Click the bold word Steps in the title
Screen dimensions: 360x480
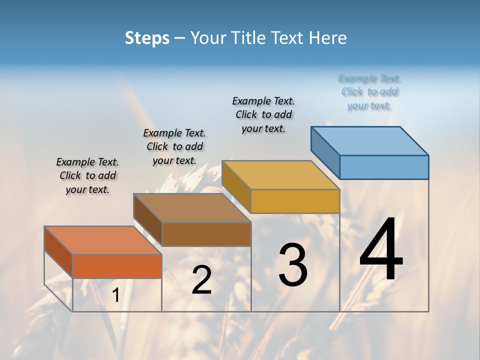pos(147,38)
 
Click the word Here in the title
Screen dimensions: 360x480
pos(328,38)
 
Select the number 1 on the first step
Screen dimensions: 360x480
pos(115,295)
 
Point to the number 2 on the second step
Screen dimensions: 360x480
pos(201,280)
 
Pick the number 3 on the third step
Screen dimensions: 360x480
pos(292,264)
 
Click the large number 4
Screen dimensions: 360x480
pos(381,249)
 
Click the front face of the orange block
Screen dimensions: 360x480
pos(117,266)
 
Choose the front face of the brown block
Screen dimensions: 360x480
pos(206,234)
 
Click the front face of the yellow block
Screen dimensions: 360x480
pos(295,201)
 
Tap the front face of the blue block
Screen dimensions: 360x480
pos(384,167)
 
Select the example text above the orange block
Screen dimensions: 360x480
pos(87,175)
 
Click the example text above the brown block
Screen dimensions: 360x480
pos(174,146)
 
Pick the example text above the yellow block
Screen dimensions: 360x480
pos(263,114)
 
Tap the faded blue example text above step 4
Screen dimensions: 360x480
pos(369,92)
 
